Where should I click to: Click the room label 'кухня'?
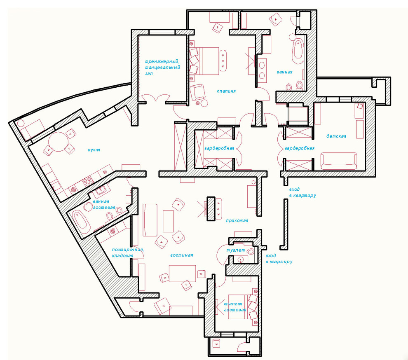click(94, 150)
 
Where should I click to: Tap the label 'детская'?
click(336, 136)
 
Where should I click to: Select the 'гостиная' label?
click(182, 255)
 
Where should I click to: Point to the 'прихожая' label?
click(237, 221)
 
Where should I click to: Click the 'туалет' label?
click(235, 250)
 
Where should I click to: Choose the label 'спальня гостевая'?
click(235, 307)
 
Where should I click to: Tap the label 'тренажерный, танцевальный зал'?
click(162, 68)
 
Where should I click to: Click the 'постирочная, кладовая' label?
click(128, 252)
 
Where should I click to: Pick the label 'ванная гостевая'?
click(104, 204)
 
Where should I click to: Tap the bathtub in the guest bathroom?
click(80, 222)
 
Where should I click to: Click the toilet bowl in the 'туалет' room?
click(250, 252)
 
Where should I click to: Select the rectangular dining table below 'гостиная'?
click(183, 274)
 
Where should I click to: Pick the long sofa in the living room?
click(150, 220)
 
